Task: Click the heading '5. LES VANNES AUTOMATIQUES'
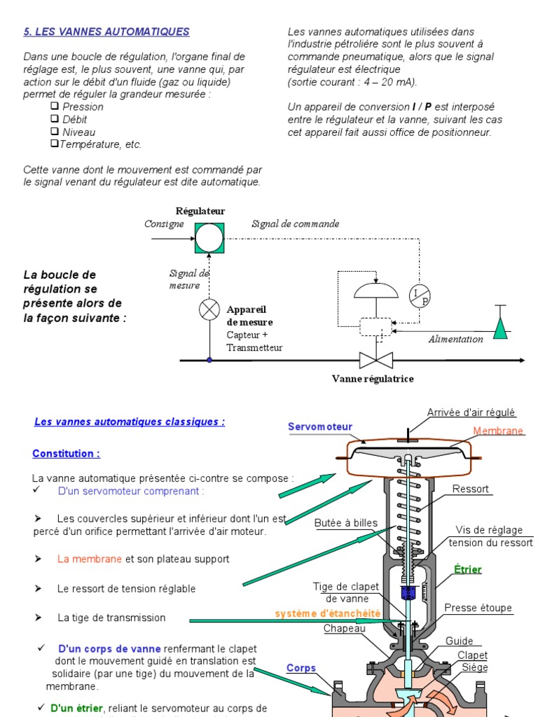pyautogui.click(x=106, y=32)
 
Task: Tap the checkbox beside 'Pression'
pyautogui.click(x=55, y=106)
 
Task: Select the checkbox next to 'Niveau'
pyautogui.click(x=55, y=131)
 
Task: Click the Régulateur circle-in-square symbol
pyautogui.click(x=209, y=238)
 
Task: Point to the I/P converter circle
pyautogui.click(x=420, y=296)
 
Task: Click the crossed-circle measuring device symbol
pyautogui.click(x=209, y=309)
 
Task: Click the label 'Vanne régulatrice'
pyautogui.click(x=373, y=379)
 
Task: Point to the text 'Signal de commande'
pyautogui.click(x=295, y=224)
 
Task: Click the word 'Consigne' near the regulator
pyautogui.click(x=164, y=224)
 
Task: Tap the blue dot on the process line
pyautogui.click(x=209, y=360)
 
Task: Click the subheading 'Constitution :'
pyautogui.click(x=66, y=454)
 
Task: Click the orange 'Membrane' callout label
pyautogui.click(x=498, y=431)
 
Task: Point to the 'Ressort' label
pyautogui.click(x=471, y=489)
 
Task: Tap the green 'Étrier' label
pyautogui.click(x=468, y=569)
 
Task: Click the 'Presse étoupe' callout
pyautogui.click(x=478, y=608)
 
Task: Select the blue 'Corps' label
pyautogui.click(x=301, y=668)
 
